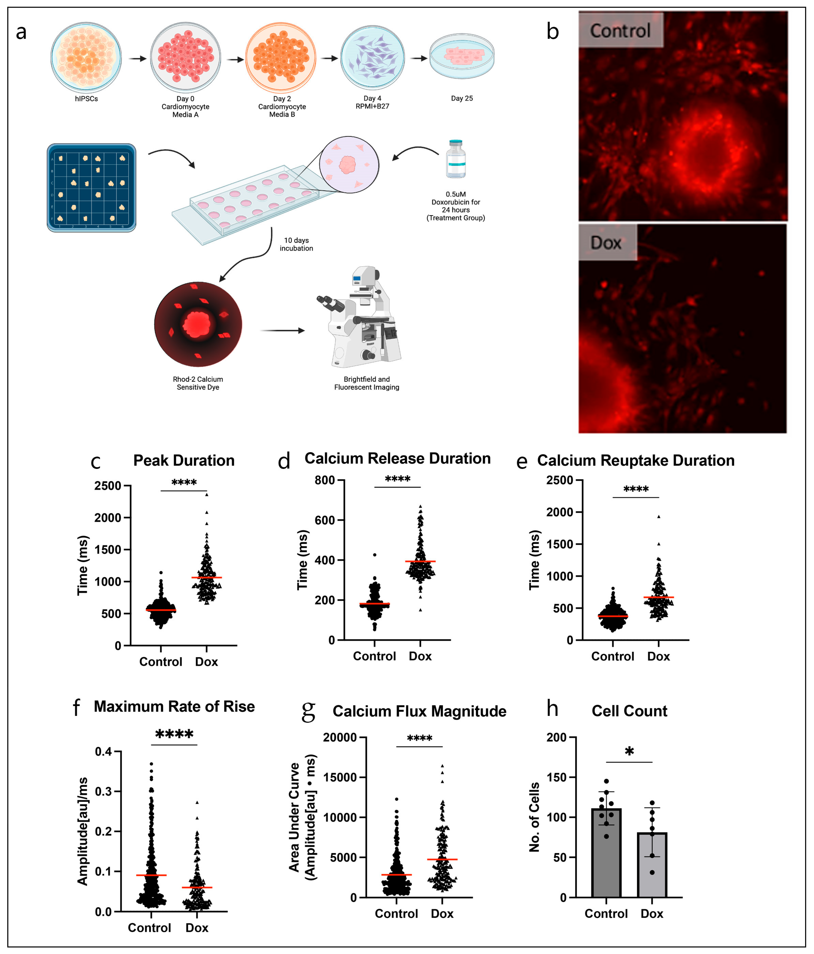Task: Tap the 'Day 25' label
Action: (x=462, y=98)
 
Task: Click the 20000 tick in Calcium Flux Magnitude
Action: (x=341, y=737)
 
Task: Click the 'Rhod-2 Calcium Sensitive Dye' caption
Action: (x=198, y=383)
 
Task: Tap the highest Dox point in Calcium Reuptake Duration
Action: (x=658, y=517)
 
